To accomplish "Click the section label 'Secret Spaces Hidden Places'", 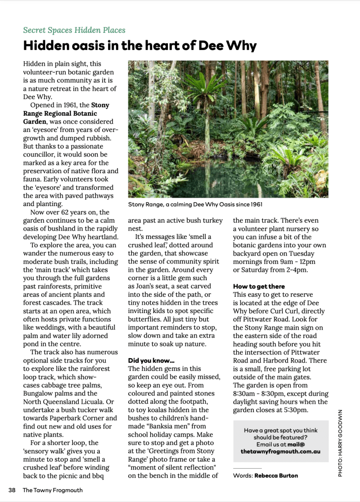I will pos(74,30).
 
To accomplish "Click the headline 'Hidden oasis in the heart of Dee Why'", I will pos(140,46).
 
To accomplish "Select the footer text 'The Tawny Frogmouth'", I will pos(53,490).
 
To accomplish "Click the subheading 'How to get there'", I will pos(259,286).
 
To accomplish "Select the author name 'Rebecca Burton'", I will pos(276,475).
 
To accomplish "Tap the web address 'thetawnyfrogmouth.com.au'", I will pos(281,450).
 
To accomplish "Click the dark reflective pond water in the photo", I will pos(206,177).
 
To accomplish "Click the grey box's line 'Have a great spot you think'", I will pos(280,430).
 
